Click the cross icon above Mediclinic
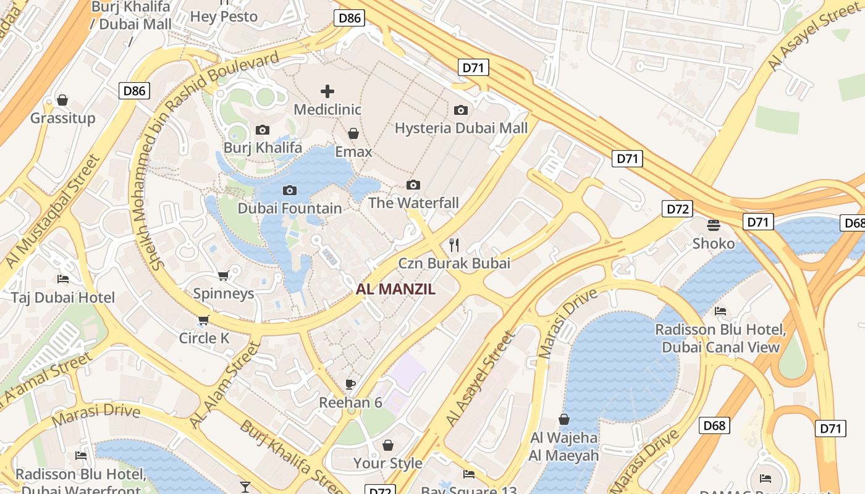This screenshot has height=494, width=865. tap(327, 92)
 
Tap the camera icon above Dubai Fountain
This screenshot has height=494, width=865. tap(289, 190)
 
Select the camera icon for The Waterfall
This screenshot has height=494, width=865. tap(413, 185)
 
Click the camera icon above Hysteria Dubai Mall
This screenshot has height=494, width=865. tap(461, 110)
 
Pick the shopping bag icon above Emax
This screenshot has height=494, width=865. tap(353, 133)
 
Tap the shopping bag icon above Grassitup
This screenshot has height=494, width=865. tap(62, 100)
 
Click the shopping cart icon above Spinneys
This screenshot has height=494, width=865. tap(224, 275)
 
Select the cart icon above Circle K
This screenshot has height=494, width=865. tap(204, 320)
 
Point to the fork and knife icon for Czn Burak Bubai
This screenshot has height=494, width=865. tap(454, 245)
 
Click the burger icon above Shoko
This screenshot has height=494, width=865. tap(714, 225)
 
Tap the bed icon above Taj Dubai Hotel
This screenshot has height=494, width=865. tap(62, 279)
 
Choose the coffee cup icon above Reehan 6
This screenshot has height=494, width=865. tap(350, 384)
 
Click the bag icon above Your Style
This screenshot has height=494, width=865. tap(388, 445)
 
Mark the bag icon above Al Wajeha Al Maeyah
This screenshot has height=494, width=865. tap(564, 419)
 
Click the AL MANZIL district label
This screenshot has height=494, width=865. tap(396, 289)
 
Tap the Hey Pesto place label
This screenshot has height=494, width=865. tap(224, 17)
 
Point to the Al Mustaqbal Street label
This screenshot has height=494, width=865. tap(53, 211)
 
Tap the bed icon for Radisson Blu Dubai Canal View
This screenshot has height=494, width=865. tap(720, 311)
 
